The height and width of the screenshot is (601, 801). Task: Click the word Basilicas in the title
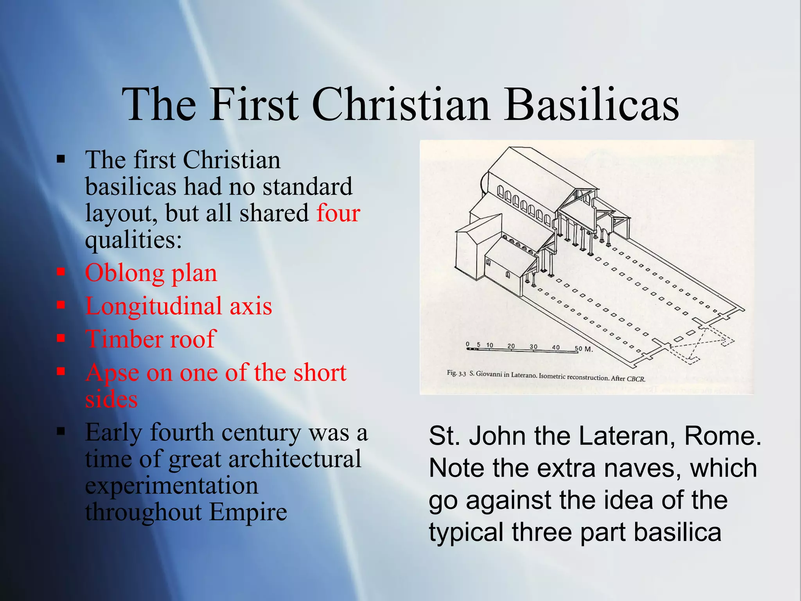click(x=591, y=105)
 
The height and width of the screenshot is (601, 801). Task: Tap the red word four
click(x=338, y=213)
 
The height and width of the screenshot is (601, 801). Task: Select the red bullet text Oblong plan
click(x=151, y=273)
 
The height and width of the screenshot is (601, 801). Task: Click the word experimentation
click(x=172, y=486)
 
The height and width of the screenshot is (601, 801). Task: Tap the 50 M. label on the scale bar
click(x=584, y=349)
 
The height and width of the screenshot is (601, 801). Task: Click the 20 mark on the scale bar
click(x=511, y=346)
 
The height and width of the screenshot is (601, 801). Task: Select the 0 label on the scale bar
click(x=468, y=344)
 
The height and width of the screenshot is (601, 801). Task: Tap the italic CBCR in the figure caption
click(x=636, y=379)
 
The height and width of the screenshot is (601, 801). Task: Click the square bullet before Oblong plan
click(x=61, y=272)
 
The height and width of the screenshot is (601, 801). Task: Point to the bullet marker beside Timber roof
click(x=61, y=338)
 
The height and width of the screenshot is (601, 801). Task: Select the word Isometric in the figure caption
click(x=552, y=376)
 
